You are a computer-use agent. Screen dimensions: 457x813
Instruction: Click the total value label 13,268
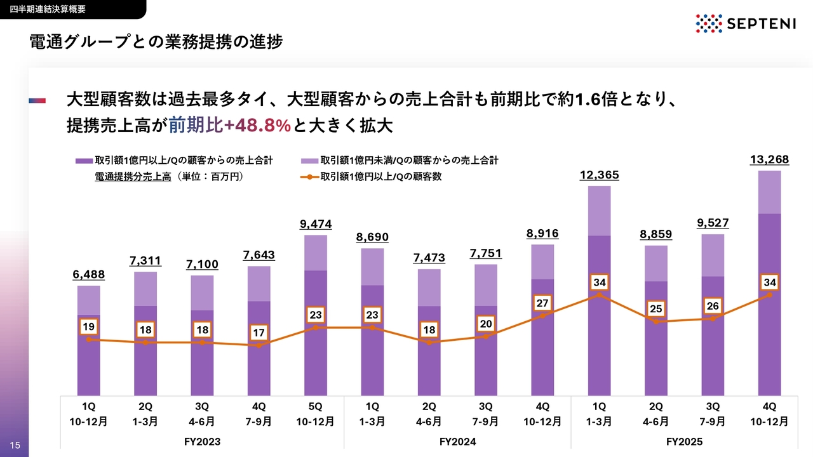[770, 159]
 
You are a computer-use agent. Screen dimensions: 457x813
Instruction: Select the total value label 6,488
[88, 274]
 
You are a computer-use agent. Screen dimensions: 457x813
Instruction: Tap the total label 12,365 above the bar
[599, 175]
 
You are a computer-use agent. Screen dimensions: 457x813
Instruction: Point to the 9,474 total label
[316, 224]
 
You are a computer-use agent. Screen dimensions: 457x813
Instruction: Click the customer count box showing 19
[89, 327]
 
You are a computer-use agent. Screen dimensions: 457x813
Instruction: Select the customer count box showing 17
[259, 333]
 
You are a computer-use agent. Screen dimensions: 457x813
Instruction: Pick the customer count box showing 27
[542, 303]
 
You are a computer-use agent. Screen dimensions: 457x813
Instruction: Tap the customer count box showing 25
[656, 310]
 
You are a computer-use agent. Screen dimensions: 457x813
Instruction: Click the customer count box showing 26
[713, 307]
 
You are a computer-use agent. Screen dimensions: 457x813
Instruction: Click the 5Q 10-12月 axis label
[316, 414]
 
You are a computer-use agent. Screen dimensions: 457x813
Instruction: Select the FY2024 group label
[457, 441]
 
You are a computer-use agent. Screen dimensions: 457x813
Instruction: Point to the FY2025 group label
[685, 441]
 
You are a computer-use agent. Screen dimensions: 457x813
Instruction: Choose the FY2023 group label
[202, 441]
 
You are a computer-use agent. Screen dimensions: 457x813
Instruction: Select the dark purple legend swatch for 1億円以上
[84, 161]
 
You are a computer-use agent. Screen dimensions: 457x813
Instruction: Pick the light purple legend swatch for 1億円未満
[309, 161]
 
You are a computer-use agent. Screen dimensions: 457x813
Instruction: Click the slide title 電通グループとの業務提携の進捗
[156, 42]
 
